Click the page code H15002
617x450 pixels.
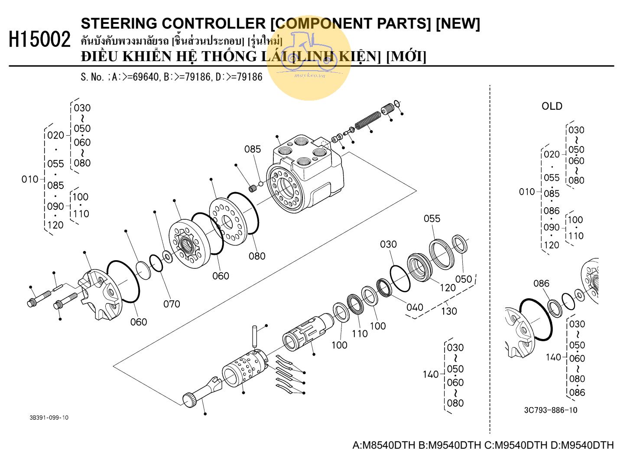[x=39, y=40]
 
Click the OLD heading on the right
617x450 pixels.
[x=552, y=106]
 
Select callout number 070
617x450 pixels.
[x=172, y=304]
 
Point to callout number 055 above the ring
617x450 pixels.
[x=432, y=218]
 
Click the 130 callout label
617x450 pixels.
[x=449, y=311]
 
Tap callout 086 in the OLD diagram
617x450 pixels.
[x=541, y=284]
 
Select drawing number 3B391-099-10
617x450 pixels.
[x=49, y=417]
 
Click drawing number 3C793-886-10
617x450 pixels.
[x=550, y=410]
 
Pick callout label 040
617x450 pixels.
[x=414, y=307]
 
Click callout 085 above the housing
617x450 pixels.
[x=253, y=149]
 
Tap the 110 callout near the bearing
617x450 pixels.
[x=360, y=333]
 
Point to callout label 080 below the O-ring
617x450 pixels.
[x=257, y=256]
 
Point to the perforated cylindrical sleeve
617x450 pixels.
[x=243, y=368]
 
